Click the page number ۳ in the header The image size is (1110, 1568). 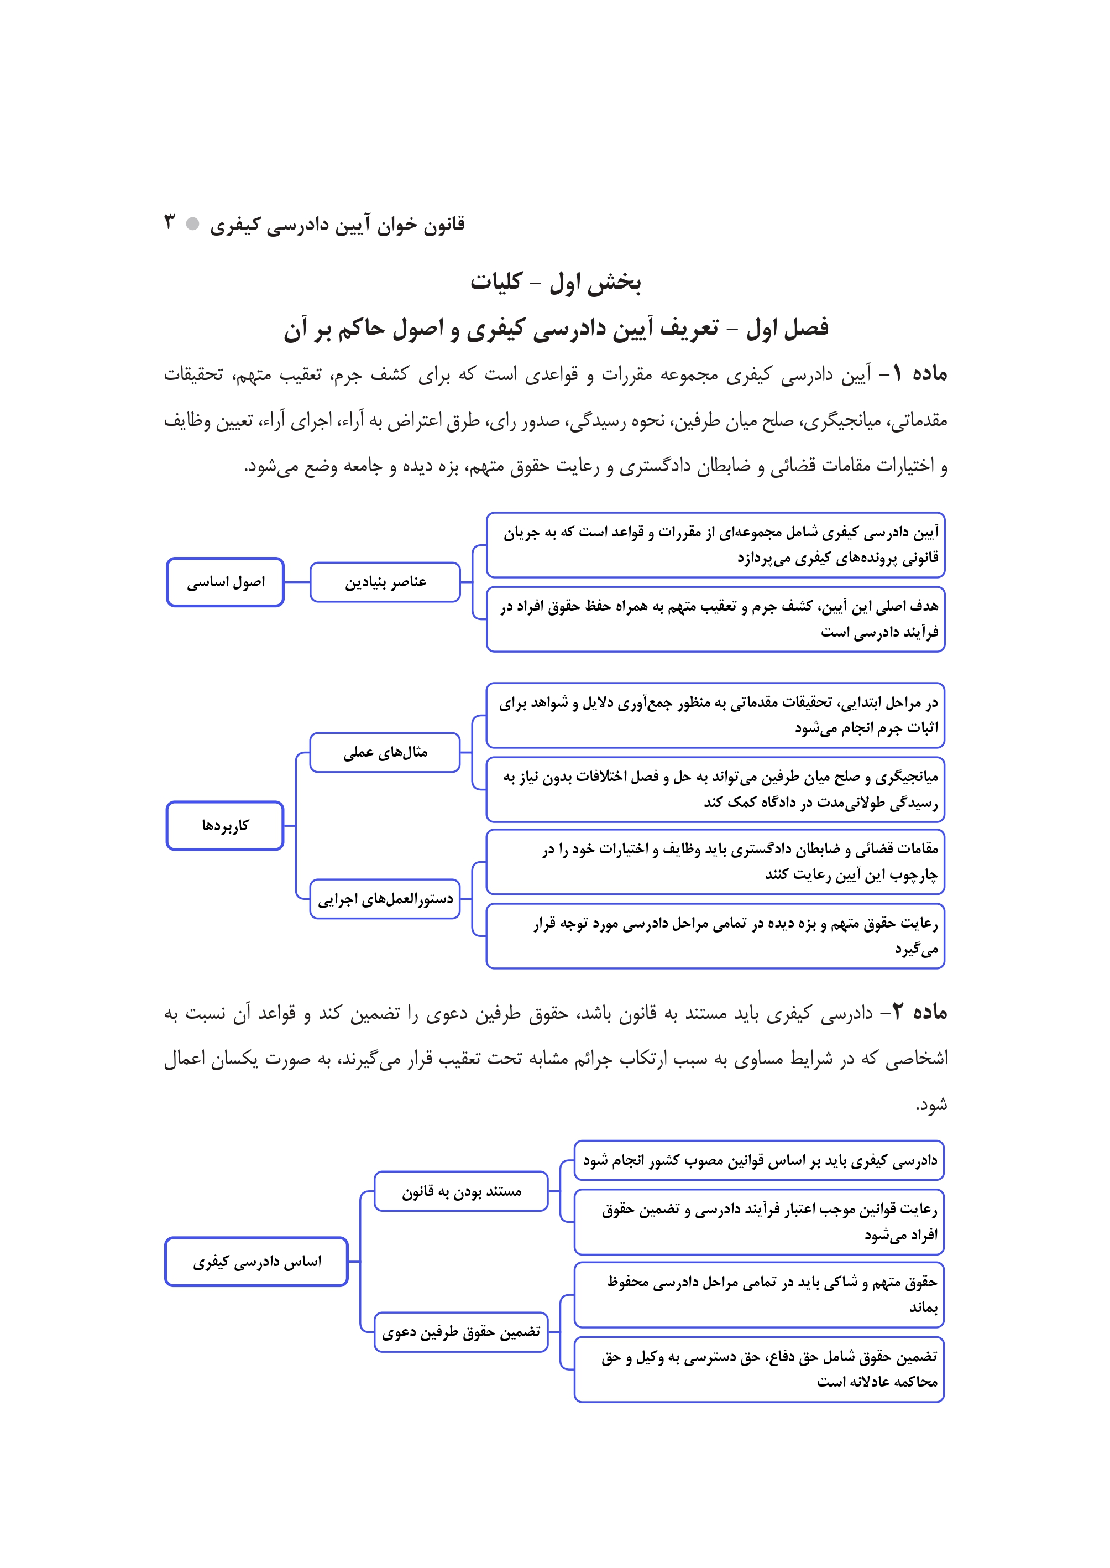click(x=170, y=222)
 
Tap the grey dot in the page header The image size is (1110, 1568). click(x=193, y=223)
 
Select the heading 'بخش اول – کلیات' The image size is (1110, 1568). click(x=555, y=282)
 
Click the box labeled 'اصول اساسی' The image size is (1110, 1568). click(x=226, y=582)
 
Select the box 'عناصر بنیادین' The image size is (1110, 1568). click(x=385, y=582)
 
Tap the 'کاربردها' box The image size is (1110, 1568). click(x=226, y=825)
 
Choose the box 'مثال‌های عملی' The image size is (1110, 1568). click(x=385, y=752)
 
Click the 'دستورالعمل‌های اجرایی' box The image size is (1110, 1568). click(x=385, y=899)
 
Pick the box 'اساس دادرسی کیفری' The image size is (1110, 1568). click(x=256, y=1262)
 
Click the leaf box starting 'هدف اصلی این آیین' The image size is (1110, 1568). click(x=716, y=619)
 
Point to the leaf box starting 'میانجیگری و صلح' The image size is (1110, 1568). click(x=716, y=789)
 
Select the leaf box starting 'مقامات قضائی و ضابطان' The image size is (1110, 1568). click(x=716, y=862)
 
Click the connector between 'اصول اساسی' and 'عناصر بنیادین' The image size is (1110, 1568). click(x=297, y=582)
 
